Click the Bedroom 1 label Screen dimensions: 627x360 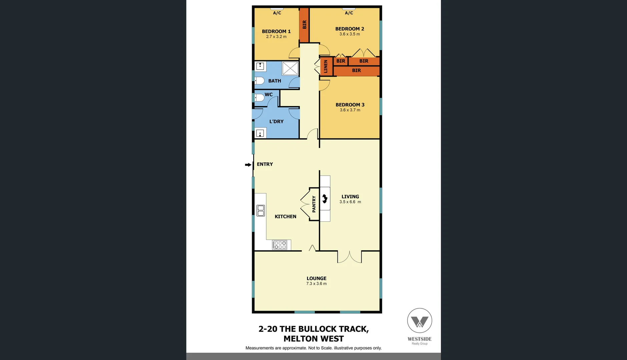[276, 31]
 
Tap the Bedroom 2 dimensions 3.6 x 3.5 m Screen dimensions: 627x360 [350, 34]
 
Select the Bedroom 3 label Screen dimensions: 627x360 [350, 105]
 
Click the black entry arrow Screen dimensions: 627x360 [248, 165]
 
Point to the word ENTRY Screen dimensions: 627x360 [265, 164]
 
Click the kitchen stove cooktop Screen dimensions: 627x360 [279, 245]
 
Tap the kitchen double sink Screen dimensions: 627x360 [261, 211]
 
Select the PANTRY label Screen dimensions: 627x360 [314, 204]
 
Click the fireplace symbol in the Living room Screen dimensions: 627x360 [325, 199]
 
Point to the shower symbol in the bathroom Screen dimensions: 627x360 [290, 68]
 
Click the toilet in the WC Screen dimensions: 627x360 [259, 98]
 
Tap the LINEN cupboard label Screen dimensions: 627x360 [326, 67]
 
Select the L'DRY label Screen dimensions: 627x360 [276, 122]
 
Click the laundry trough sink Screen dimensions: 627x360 [260, 133]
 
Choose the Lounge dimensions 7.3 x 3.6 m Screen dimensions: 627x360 [317, 284]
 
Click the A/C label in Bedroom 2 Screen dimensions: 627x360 [349, 13]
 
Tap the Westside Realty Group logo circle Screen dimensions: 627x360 [420, 320]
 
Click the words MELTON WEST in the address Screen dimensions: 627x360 [313, 339]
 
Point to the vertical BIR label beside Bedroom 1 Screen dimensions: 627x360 [304, 24]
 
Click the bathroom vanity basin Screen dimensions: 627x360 [260, 66]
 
